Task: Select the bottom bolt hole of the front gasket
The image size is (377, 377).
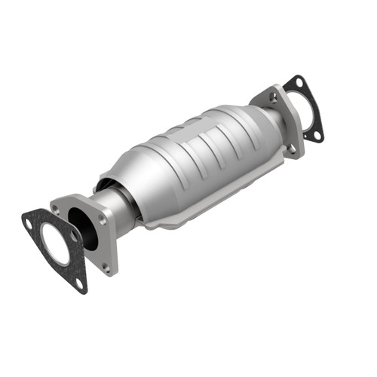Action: point(78,283)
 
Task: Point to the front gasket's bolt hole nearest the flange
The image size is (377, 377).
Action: point(73,235)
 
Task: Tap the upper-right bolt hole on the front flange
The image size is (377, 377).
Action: point(102,220)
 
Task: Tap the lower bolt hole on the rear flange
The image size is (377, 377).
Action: point(291,149)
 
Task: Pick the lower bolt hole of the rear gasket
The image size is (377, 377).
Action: point(317,136)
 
